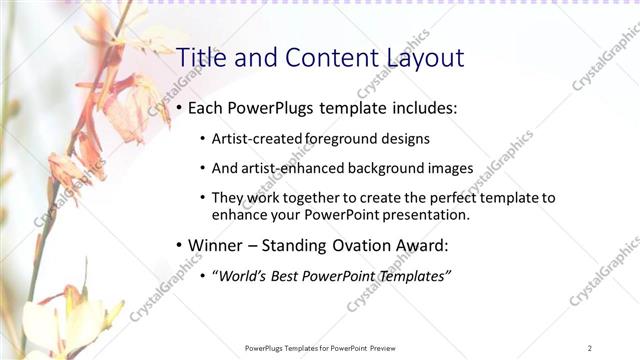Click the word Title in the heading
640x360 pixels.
198,58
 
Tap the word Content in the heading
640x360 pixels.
322,58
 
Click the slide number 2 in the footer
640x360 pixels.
590,348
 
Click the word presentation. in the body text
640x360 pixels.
420,214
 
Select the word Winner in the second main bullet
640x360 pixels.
218,245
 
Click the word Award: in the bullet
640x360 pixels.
439,245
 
